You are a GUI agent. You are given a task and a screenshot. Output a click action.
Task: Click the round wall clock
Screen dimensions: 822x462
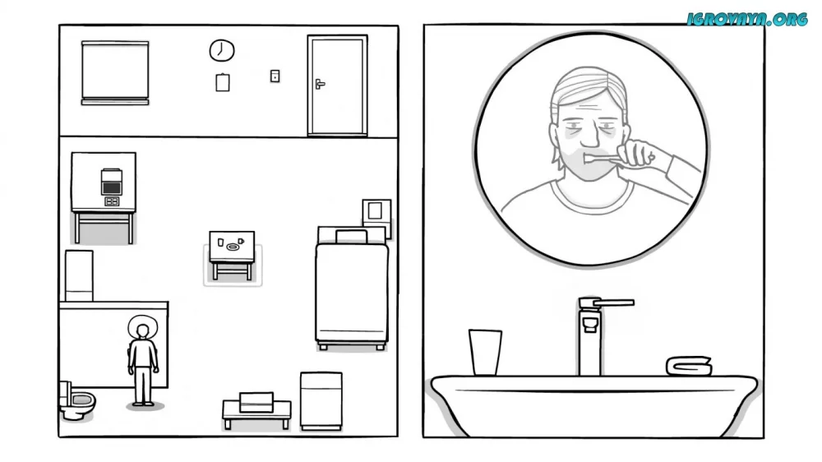coord(222,50)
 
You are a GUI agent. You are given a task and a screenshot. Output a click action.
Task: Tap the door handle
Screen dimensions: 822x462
coord(320,84)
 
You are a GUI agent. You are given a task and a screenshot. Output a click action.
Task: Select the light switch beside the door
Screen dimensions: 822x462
coord(275,76)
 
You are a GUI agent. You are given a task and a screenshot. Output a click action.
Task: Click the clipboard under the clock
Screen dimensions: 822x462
coord(223,82)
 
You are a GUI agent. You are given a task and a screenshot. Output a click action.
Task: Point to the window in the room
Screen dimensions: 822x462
coord(115,72)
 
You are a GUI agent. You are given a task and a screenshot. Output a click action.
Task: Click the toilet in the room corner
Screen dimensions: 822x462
coord(77,401)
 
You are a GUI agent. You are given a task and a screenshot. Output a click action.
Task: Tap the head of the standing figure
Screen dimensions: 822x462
coord(142,331)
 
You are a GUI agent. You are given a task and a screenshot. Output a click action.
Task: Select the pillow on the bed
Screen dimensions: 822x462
coord(351,237)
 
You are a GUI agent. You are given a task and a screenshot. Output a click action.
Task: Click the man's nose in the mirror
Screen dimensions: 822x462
coord(589,136)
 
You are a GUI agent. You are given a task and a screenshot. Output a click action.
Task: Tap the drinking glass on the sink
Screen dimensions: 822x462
coord(485,352)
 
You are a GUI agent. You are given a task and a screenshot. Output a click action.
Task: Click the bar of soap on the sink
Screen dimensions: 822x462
coord(689,366)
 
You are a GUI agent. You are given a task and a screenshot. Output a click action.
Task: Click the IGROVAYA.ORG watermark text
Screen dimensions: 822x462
coord(747,20)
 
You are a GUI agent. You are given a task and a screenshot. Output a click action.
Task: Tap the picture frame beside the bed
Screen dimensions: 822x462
coord(376,211)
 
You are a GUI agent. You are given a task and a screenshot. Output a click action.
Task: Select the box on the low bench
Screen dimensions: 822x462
coord(256,402)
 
